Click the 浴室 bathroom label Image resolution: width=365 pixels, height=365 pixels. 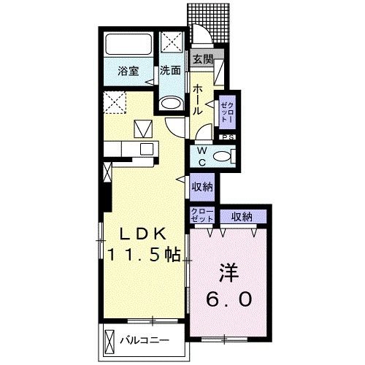coord(128,71)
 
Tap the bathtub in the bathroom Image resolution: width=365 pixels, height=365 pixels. coord(128,45)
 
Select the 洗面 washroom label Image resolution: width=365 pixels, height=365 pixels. coord(170,71)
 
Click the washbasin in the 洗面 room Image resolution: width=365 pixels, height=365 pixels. coord(171,104)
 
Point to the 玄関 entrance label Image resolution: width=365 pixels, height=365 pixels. coord(203,59)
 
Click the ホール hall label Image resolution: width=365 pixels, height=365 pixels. coord(198,100)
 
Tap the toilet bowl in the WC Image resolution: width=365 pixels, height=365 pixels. coord(222,156)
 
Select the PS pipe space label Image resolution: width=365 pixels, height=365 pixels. coord(228,137)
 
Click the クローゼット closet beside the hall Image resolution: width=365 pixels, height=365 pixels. coord(227,112)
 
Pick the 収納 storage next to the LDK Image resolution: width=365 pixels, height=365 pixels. coord(202,187)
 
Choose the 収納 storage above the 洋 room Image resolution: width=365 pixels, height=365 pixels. coord(243,217)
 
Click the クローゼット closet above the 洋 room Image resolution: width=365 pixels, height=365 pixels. coord(202,215)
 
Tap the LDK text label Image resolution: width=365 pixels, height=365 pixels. coord(142,234)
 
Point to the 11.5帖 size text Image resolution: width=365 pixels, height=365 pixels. coord(144,255)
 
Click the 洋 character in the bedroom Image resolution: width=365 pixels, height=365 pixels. coord(228,272)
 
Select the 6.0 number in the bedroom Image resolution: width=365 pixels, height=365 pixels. coord(229,299)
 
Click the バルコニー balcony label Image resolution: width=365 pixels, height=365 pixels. coord(145,340)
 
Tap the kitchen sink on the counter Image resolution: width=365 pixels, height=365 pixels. coord(147,149)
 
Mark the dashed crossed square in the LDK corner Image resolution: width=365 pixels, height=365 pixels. coord(115,102)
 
